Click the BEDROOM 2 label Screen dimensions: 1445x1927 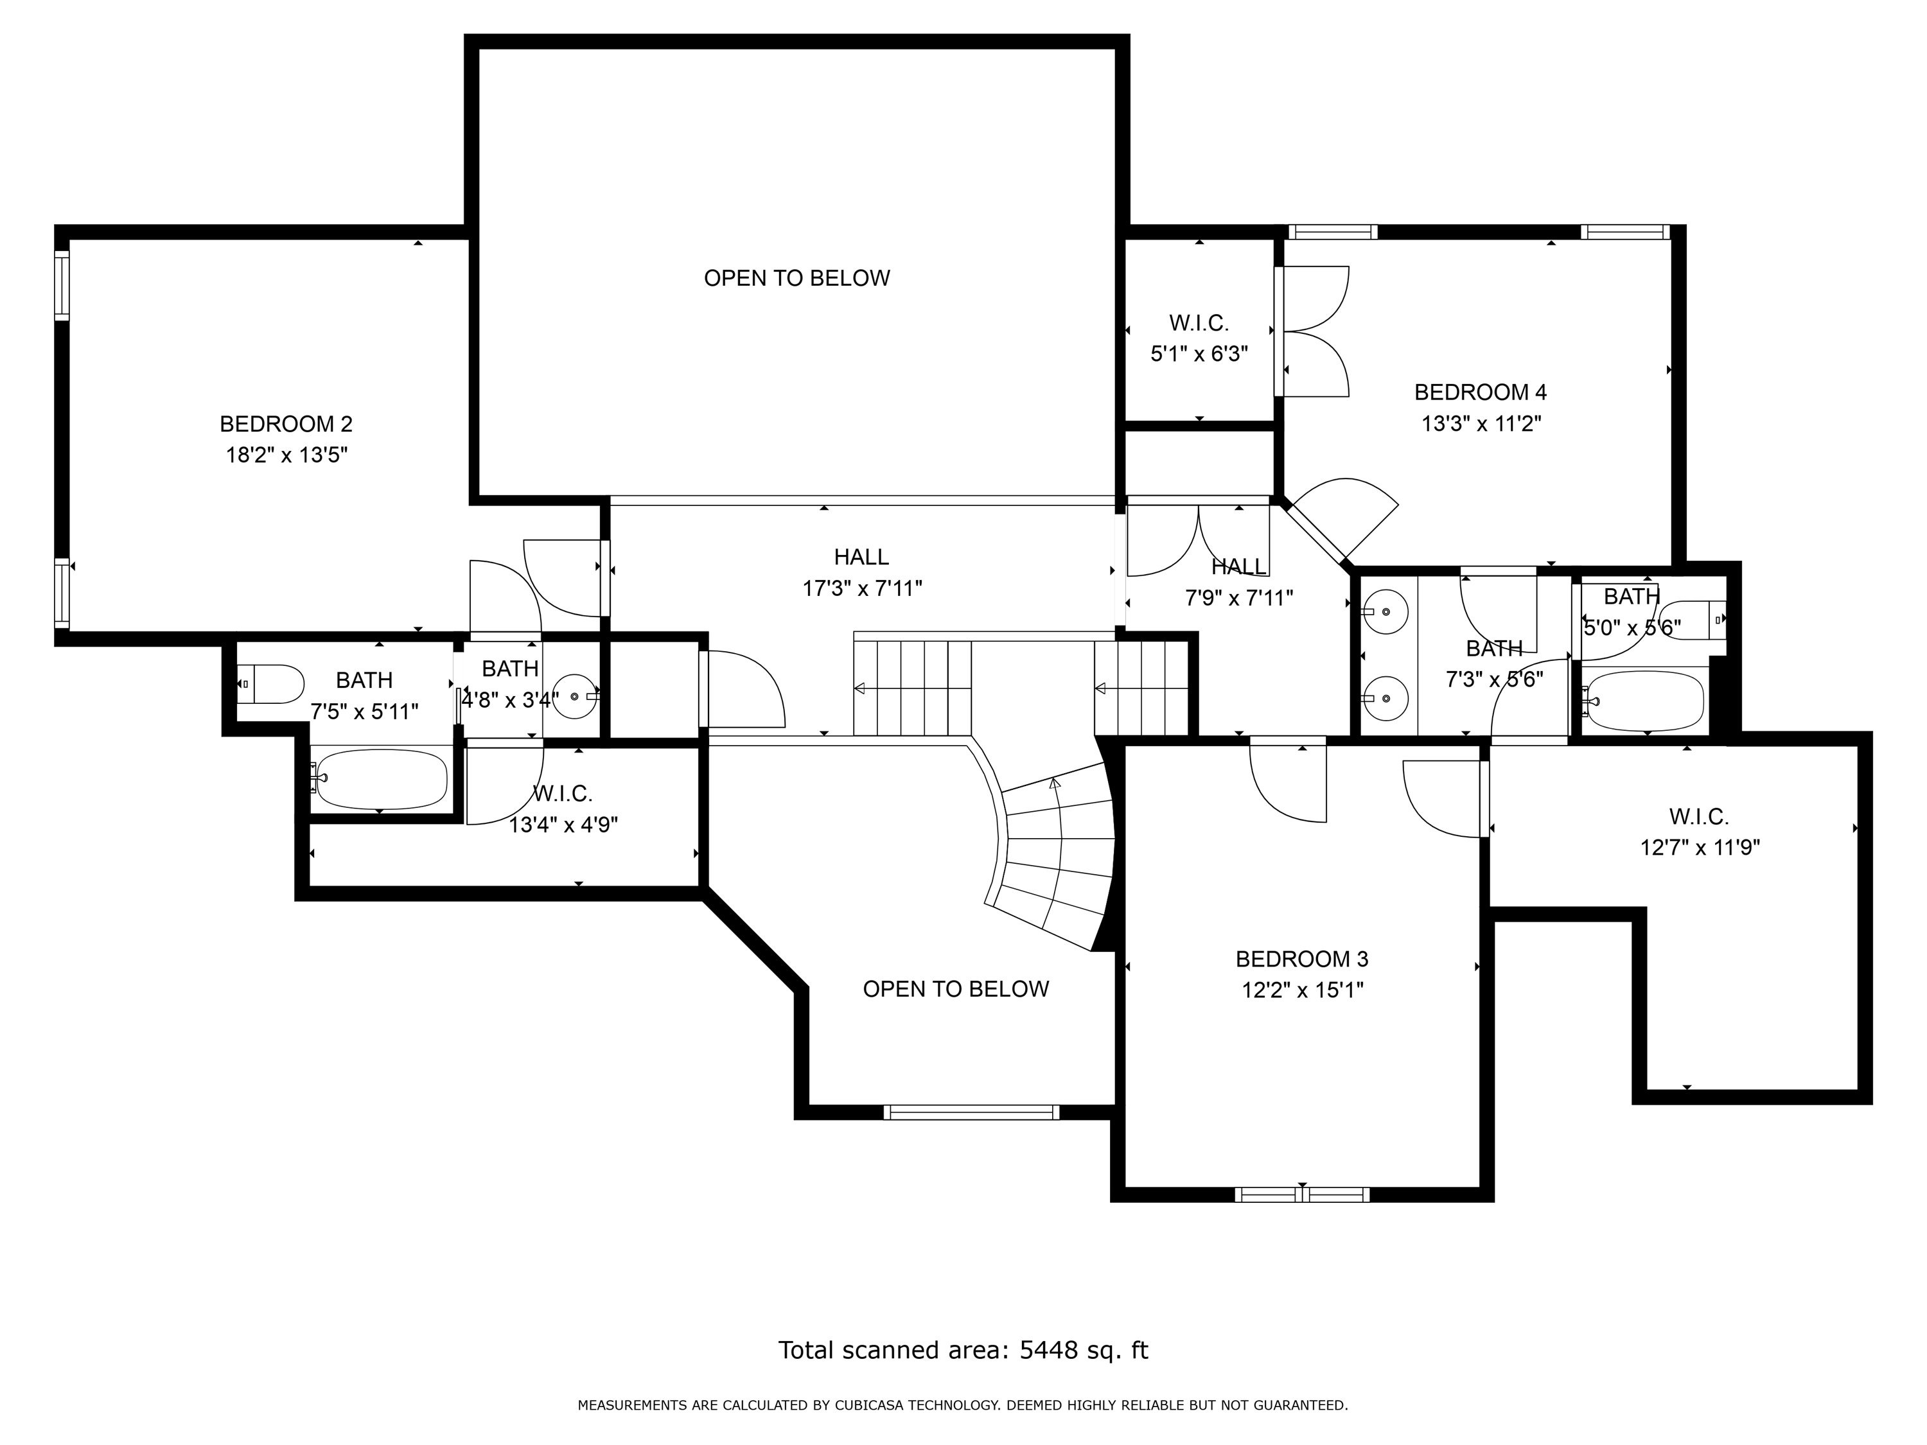coord(286,424)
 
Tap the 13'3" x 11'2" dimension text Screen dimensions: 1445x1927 coord(1481,424)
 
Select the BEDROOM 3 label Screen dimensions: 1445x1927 coord(1301,959)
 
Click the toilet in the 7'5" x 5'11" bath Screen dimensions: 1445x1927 coord(271,684)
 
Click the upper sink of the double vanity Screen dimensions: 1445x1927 coord(1385,611)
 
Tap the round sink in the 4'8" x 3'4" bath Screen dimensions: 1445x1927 coord(576,696)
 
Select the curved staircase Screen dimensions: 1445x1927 coord(1054,858)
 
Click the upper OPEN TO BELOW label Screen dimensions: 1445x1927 coord(796,278)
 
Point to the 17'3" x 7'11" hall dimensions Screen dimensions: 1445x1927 coord(861,589)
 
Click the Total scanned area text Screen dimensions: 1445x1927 coord(963,1350)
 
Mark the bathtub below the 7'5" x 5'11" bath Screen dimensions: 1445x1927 coord(382,778)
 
